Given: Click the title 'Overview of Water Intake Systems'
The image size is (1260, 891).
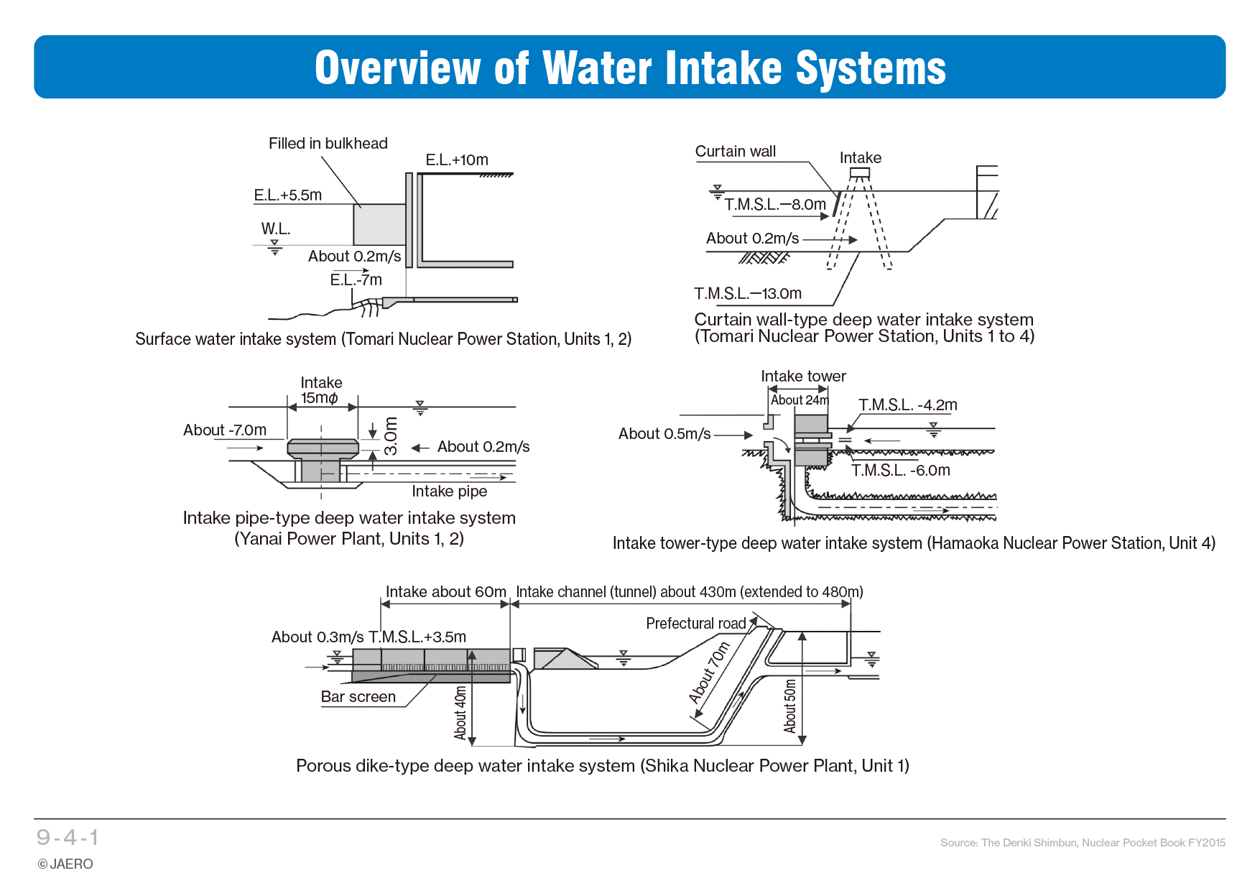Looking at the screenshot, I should (x=630, y=68).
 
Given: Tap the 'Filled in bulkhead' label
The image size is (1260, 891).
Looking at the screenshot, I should (x=328, y=144).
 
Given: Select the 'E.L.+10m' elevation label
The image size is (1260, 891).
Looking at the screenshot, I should (x=456, y=160).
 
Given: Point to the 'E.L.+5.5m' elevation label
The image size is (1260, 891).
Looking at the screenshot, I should (x=287, y=195).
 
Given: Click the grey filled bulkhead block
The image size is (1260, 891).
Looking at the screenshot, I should (x=379, y=224).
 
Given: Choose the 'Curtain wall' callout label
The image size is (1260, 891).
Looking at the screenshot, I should (x=735, y=152).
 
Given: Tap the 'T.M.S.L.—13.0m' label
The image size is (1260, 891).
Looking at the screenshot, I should (x=747, y=293).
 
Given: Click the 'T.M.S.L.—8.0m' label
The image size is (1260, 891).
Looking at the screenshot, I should (x=775, y=205).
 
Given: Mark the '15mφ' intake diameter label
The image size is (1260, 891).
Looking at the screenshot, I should (x=319, y=398).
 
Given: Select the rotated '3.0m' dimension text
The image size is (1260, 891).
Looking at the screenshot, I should (x=390, y=435).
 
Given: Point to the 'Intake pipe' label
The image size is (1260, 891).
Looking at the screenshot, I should (x=449, y=491).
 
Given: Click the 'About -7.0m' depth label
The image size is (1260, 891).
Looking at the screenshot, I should (x=224, y=430).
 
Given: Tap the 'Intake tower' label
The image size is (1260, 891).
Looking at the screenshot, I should (x=803, y=377).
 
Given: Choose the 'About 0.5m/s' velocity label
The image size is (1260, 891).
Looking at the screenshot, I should (x=664, y=434).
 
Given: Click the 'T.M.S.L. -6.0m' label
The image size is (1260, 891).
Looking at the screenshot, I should (x=900, y=471).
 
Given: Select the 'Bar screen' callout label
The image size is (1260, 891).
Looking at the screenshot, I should (x=358, y=697).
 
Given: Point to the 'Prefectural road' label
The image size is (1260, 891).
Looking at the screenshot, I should (x=695, y=624).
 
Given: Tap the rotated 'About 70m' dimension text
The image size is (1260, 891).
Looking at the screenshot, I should (x=709, y=673).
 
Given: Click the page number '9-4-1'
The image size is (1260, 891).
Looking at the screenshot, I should (x=68, y=838).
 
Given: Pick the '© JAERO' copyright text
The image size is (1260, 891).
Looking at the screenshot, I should (x=65, y=864).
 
